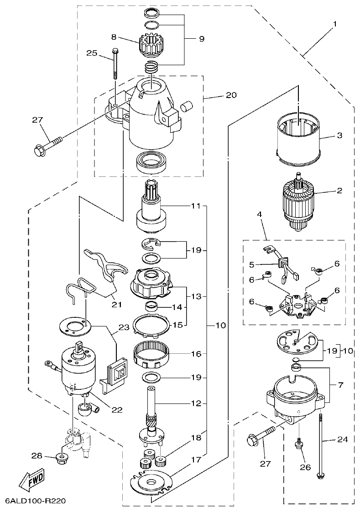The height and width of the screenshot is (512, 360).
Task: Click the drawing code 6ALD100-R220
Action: tap(36, 501)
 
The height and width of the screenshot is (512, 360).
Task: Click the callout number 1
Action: tap(335, 23)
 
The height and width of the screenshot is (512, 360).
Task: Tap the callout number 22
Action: tap(117, 409)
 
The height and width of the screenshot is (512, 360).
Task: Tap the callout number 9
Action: tap(201, 39)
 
